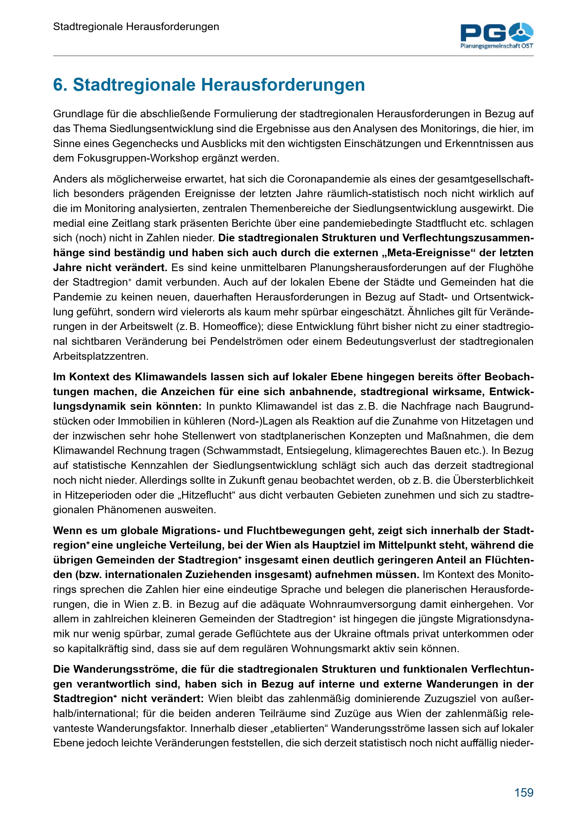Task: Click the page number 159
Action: [x=524, y=792]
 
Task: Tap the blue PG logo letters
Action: [x=483, y=33]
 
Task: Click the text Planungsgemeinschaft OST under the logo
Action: [x=497, y=46]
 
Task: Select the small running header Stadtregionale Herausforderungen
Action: [x=136, y=27]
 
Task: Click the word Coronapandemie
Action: [x=329, y=179]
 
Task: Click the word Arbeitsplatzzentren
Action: [x=101, y=356]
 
